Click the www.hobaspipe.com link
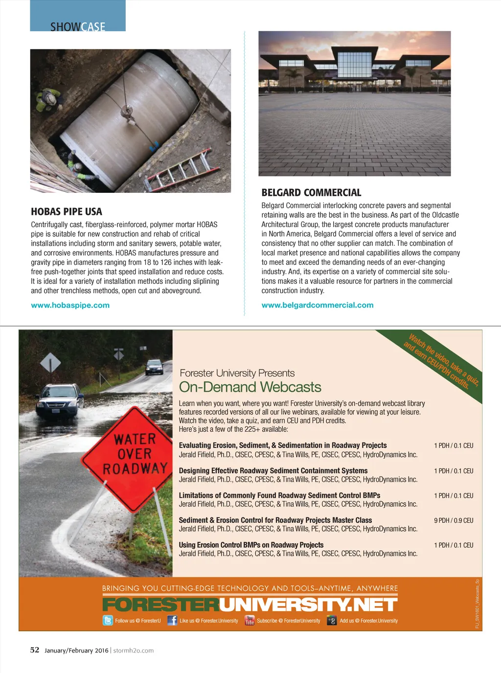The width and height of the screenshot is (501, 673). [x=70, y=305]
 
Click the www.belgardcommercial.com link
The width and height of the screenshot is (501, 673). [x=317, y=305]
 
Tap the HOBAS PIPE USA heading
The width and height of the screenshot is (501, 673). [x=67, y=212]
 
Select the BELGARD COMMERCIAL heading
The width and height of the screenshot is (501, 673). [x=311, y=193]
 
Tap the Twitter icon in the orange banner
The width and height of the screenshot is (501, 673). [x=108, y=621]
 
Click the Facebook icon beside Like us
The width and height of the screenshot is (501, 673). [x=172, y=621]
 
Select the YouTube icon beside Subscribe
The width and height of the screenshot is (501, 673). [x=250, y=621]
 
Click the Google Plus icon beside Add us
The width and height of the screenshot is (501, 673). [x=332, y=621]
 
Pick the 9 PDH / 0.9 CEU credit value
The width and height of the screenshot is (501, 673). [x=454, y=520]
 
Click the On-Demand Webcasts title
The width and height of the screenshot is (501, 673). [x=250, y=387]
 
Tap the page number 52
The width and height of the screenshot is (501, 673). [x=35, y=650]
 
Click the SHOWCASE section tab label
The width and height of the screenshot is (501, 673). [x=78, y=26]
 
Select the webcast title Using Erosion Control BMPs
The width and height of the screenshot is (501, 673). [x=251, y=545]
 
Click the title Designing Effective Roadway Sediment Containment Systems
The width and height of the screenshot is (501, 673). [x=273, y=471]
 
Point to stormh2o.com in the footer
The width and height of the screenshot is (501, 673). [x=134, y=650]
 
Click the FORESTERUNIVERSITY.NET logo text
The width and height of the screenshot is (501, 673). [x=250, y=605]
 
